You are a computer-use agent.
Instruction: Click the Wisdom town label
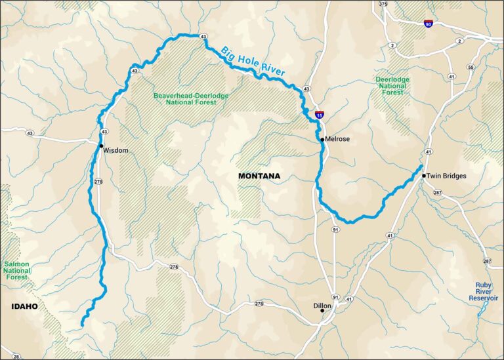pyautogui.click(x=117, y=150)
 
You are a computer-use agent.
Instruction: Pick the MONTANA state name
pyautogui.click(x=259, y=176)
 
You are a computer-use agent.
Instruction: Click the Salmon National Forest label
pyautogui.click(x=17, y=270)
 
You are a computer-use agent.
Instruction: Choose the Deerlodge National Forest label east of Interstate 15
pyautogui.click(x=392, y=86)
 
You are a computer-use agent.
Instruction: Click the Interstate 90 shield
pyautogui.click(x=428, y=24)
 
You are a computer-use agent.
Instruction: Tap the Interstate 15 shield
pyautogui.click(x=318, y=115)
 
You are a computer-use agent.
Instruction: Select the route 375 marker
pyautogui.click(x=383, y=4)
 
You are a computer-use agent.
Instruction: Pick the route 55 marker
pyautogui.click(x=471, y=68)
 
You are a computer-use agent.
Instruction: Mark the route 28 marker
pyautogui.click(x=16, y=356)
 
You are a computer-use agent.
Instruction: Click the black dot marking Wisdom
pyautogui.click(x=102, y=145)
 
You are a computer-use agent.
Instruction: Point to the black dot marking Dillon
pyautogui.click(x=322, y=310)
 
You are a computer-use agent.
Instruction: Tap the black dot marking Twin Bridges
pyautogui.click(x=424, y=175)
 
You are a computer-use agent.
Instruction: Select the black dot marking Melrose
pyautogui.click(x=322, y=139)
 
